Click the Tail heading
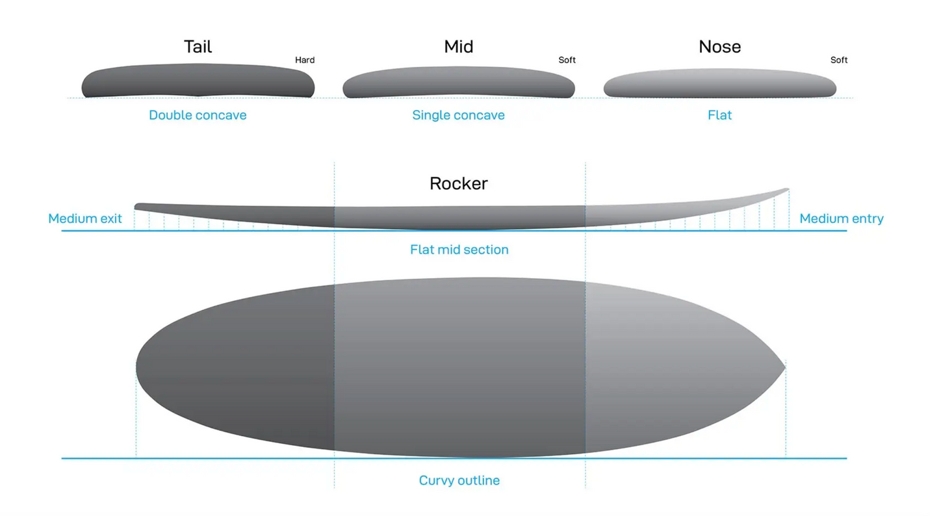198,47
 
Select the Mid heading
459,47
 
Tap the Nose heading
720,47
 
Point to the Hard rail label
305,60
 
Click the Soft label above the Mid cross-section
567,60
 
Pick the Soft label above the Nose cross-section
839,60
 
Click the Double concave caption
198,115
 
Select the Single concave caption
459,115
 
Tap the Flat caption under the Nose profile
720,115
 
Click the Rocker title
459,184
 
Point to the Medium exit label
85,218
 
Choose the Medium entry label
842,218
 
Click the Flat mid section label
459,250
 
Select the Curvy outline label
459,480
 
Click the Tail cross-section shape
198,81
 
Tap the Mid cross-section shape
459,83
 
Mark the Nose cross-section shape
720,83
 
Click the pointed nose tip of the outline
785,368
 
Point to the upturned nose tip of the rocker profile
788,190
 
